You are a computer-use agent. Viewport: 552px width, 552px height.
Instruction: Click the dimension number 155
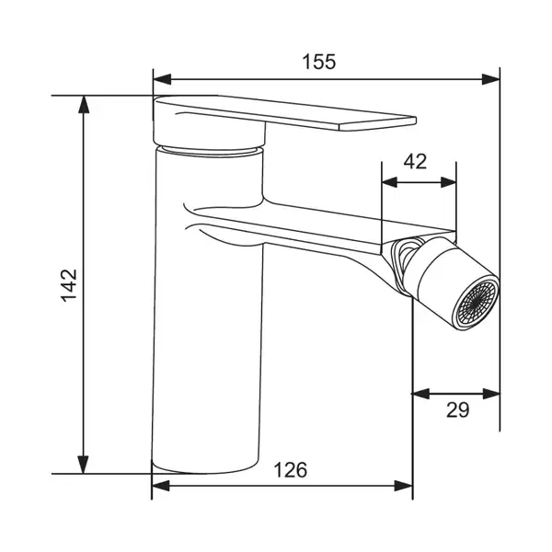click(x=319, y=62)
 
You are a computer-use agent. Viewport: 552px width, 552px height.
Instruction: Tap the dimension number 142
click(x=69, y=285)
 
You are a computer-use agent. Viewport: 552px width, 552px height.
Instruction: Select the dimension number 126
click(x=291, y=469)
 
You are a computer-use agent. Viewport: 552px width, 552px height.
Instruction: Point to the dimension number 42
click(x=415, y=162)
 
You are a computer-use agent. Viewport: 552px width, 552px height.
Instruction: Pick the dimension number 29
click(x=457, y=409)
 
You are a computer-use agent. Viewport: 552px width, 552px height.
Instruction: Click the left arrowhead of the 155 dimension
click(x=162, y=79)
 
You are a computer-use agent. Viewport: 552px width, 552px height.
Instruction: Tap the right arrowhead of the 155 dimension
click(x=490, y=79)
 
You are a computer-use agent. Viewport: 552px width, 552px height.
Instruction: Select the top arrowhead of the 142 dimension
click(x=84, y=104)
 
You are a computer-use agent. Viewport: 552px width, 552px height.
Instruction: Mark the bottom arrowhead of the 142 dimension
click(x=83, y=465)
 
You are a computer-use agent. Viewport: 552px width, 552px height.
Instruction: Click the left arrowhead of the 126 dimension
click(x=160, y=486)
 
